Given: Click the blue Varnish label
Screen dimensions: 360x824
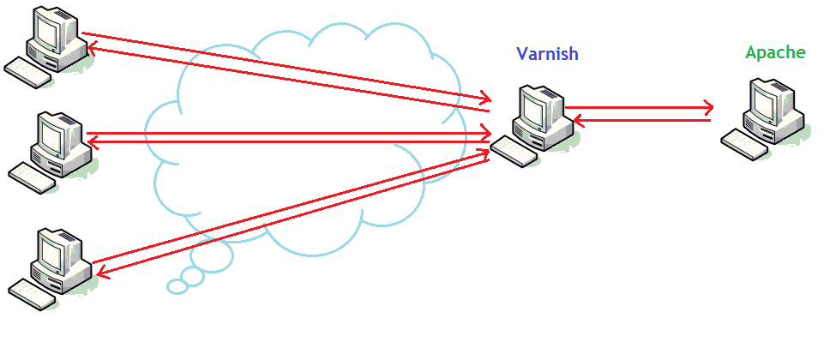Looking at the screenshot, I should click(x=547, y=53).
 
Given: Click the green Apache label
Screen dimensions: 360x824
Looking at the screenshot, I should click(x=775, y=52).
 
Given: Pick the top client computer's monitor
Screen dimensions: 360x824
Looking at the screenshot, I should click(x=50, y=31).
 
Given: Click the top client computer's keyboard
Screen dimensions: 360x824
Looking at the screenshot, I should click(x=27, y=74).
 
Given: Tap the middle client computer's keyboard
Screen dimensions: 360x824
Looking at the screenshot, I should click(x=33, y=177).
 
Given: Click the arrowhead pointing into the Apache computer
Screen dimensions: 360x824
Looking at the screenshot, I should click(x=708, y=108).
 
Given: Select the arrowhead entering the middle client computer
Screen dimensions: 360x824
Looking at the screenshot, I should click(x=92, y=141).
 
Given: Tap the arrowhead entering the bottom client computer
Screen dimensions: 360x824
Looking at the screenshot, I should click(x=99, y=273).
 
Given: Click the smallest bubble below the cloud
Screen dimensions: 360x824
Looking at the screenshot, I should click(x=177, y=286).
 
